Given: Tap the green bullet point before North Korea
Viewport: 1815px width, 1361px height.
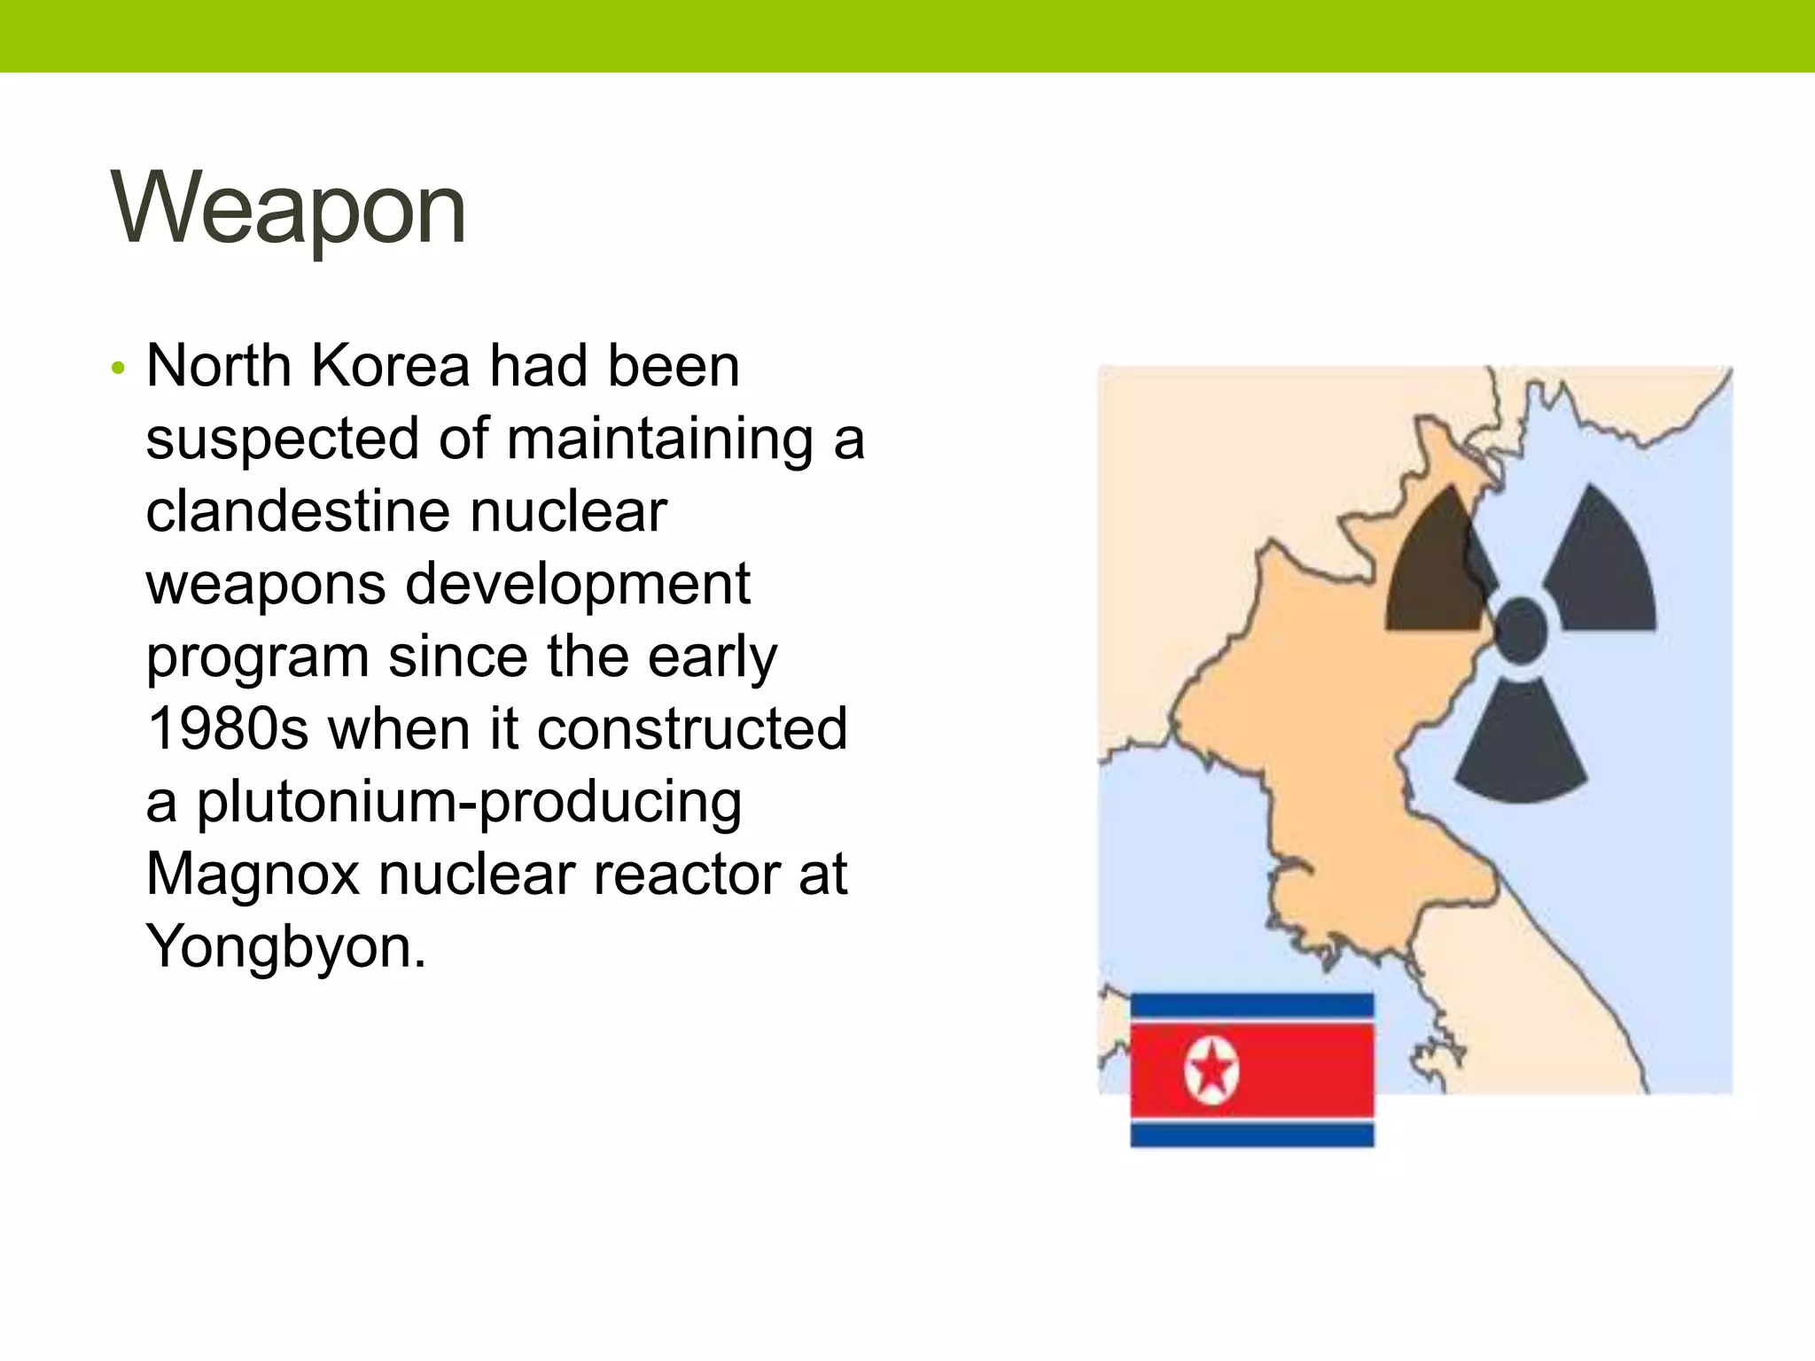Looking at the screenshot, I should click(x=119, y=368).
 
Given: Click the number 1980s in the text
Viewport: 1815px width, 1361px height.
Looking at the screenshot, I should click(x=228, y=728).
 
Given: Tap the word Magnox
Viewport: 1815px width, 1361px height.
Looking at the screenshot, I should click(x=253, y=874).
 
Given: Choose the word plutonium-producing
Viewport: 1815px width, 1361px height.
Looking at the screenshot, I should click(x=469, y=802).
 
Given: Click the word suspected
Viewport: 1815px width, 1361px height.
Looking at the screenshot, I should click(x=283, y=440).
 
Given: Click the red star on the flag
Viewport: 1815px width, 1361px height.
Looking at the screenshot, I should click(x=1211, y=1073).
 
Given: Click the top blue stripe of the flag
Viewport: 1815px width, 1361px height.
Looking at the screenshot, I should click(x=1251, y=1005).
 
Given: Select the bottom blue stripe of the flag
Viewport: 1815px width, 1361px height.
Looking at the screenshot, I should click(x=1251, y=1135).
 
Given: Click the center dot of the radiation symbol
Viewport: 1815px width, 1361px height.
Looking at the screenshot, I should click(x=1521, y=631).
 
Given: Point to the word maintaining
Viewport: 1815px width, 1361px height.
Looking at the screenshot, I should click(x=659, y=439).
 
